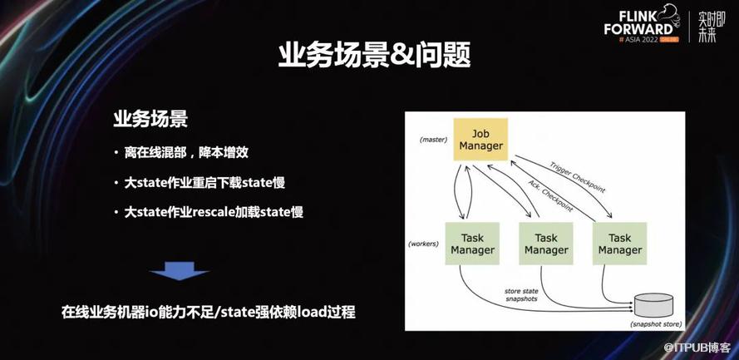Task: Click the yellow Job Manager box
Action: (480, 140)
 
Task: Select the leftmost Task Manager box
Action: (472, 244)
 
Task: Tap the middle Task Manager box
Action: (546, 244)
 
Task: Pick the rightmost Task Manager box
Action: (620, 244)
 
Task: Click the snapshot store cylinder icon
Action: (653, 305)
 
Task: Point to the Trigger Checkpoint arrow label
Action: (577, 177)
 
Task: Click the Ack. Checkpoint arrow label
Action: (550, 195)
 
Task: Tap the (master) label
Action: (433, 140)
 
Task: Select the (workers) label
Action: (423, 244)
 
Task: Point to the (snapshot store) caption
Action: (655, 324)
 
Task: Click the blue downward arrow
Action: (179, 271)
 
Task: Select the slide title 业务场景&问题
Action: (374, 57)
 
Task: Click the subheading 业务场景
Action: (150, 119)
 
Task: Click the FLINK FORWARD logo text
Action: (639, 23)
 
